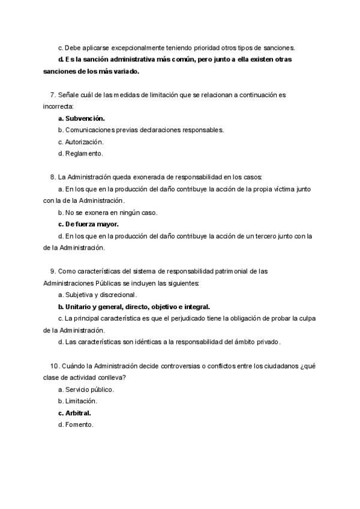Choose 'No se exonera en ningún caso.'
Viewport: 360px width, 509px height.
coord(107,212)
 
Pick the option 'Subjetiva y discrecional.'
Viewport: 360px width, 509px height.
coord(97,295)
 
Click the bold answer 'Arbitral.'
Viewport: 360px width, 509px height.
coord(79,412)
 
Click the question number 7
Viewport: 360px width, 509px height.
coord(53,95)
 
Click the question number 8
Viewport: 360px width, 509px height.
coord(53,177)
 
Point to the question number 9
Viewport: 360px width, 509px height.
coord(53,271)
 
